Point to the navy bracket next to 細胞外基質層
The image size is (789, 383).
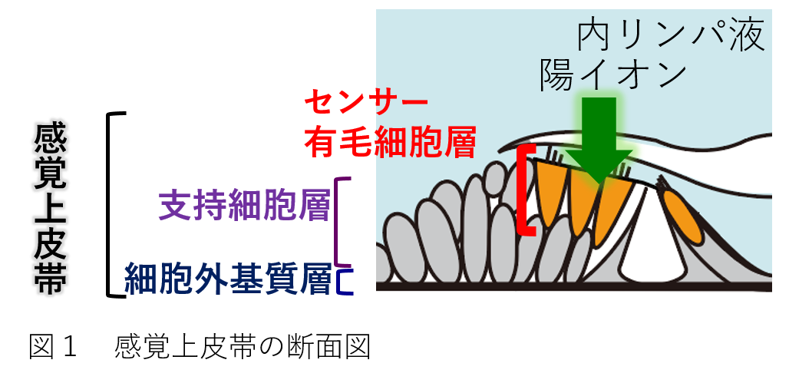(347, 280)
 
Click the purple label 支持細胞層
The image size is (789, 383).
(244, 206)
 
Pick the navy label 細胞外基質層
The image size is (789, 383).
(227, 280)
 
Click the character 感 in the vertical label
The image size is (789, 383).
(51, 140)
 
